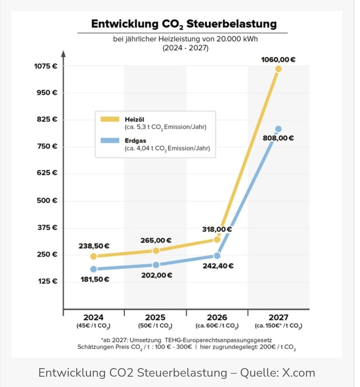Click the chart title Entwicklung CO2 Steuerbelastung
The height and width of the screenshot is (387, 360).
point(184,24)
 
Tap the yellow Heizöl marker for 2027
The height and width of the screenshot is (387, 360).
point(278,69)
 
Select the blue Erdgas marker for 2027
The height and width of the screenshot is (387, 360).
point(278,129)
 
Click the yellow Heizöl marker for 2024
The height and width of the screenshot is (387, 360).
point(94,256)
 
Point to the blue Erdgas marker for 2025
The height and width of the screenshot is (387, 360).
point(156,265)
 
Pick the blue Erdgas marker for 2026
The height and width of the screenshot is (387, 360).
point(217,255)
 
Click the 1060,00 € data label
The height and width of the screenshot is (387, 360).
point(278,60)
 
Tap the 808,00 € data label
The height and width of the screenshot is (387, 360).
point(278,139)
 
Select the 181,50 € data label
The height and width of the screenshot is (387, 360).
point(95,279)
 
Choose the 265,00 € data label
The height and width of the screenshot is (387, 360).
point(156,241)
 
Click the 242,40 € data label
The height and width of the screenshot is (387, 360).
point(218,266)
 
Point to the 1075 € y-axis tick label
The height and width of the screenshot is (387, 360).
point(46,67)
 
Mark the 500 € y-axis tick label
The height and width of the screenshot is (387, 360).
point(47,200)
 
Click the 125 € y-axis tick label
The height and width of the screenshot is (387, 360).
point(47,281)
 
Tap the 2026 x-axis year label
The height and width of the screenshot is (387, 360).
point(217,318)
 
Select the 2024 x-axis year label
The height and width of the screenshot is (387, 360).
point(94,318)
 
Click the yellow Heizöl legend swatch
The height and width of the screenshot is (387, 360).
point(110,119)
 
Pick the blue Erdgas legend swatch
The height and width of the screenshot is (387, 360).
point(110,140)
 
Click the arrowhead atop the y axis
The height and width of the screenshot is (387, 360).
point(63,53)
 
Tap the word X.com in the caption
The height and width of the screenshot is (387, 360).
point(299,373)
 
